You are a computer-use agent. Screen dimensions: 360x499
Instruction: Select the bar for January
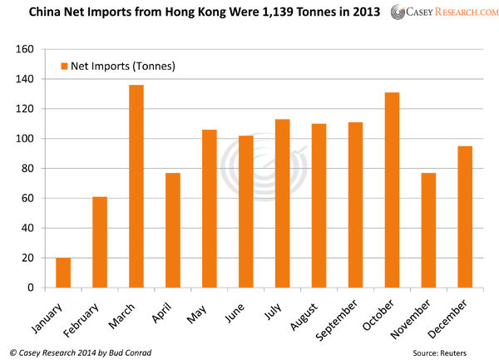63,273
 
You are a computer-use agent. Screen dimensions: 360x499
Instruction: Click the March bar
136,186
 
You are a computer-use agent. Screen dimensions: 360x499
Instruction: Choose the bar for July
282,204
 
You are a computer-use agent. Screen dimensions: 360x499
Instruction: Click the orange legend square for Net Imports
65,66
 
